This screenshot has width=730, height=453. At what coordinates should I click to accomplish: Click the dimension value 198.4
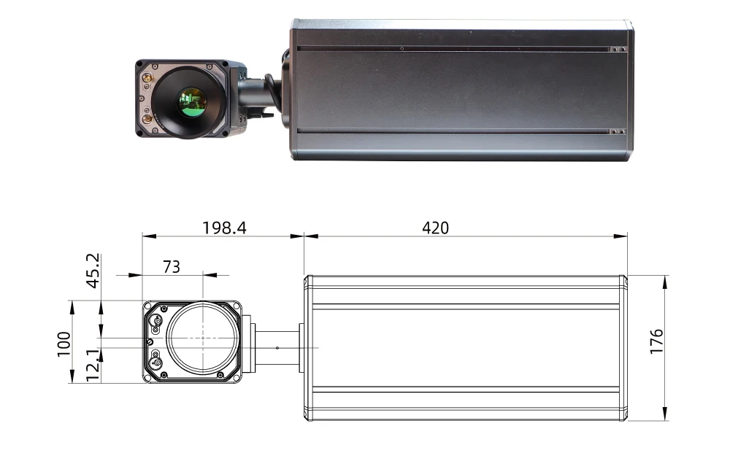coord(224,228)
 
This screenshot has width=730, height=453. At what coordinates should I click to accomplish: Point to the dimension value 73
coord(171,267)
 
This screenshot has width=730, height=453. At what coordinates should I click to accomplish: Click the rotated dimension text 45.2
coord(93,271)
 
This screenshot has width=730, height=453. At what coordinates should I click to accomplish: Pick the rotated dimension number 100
coord(64,343)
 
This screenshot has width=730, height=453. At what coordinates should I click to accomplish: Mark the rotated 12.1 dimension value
coord(93,365)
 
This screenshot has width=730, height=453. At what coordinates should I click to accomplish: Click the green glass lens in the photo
coord(193,101)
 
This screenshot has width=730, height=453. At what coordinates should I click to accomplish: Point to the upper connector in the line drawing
coord(155,320)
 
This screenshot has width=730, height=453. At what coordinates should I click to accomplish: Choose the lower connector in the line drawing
coord(155,359)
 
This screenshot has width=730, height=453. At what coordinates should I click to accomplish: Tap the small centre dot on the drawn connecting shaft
coord(277,347)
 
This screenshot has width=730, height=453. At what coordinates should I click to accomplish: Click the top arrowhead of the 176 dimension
coord(665,279)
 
